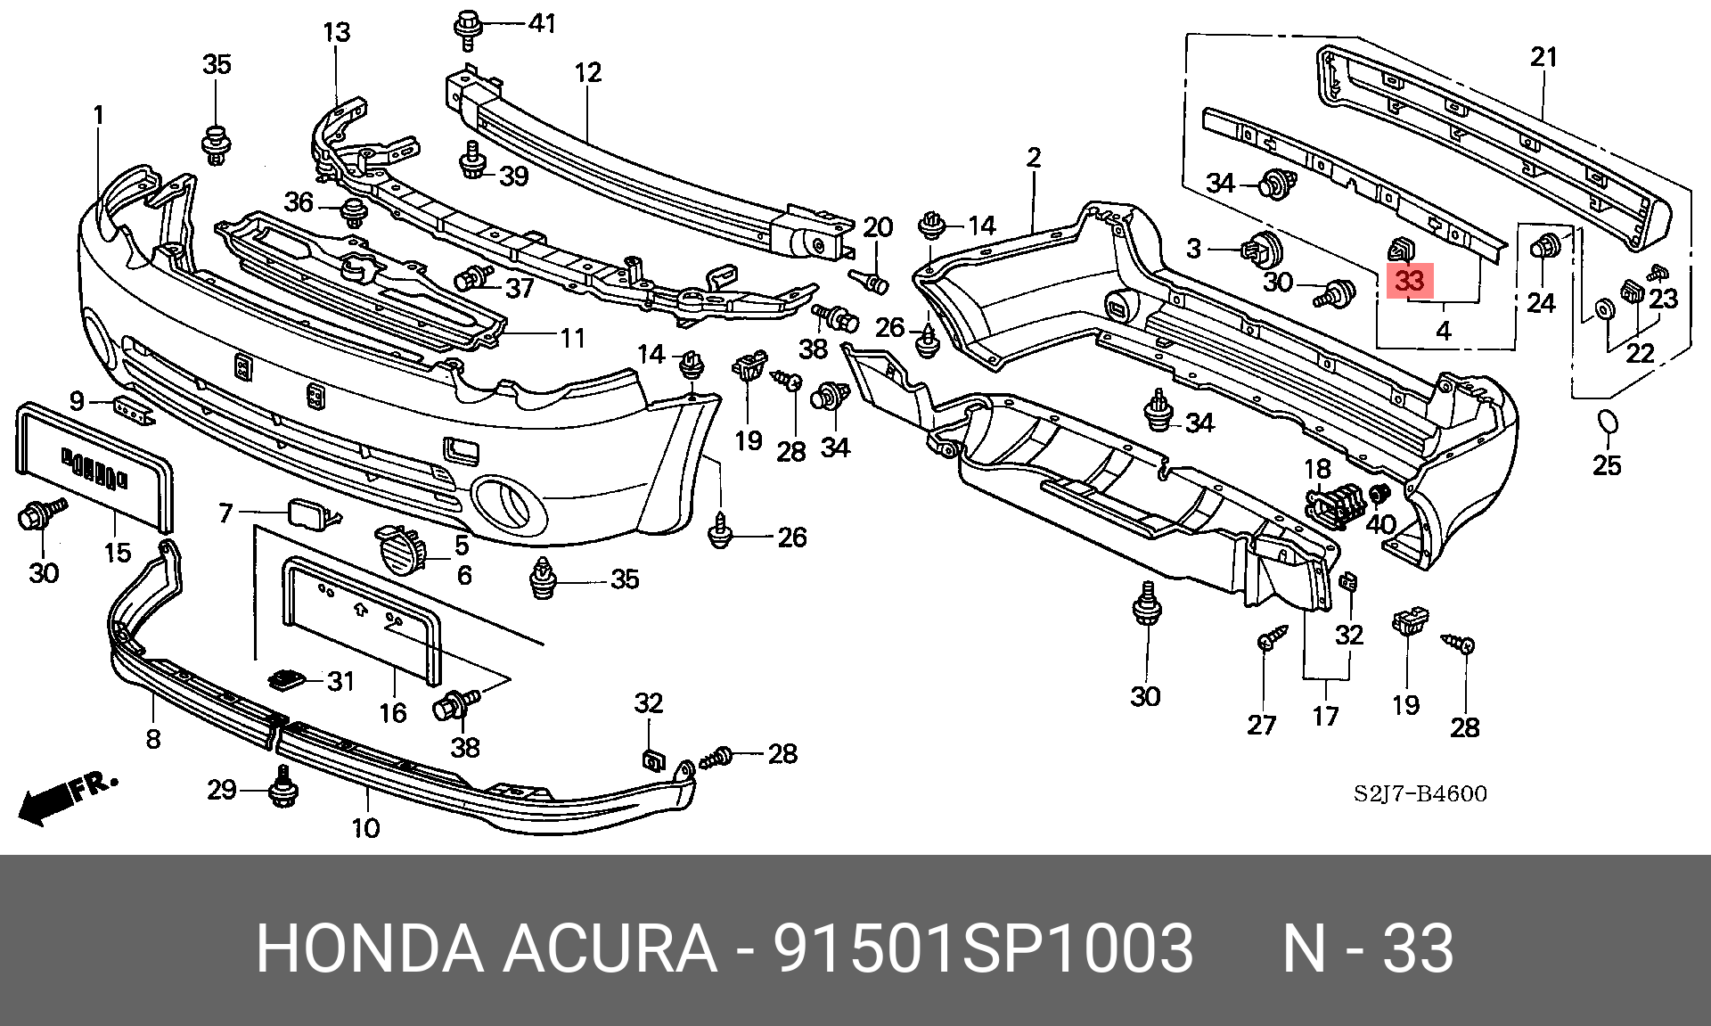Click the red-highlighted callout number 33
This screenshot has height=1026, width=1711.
[x=1410, y=282]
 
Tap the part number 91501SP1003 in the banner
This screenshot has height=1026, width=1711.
[x=983, y=948]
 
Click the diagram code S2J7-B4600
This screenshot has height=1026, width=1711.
[x=1420, y=793]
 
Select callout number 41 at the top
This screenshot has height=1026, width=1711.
[x=542, y=23]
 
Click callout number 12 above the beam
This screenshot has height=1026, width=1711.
[x=588, y=72]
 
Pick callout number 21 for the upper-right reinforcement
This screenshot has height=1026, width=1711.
[x=1543, y=57]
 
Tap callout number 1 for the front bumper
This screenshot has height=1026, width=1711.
[x=99, y=115]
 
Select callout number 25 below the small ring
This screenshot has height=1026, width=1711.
[x=1607, y=464]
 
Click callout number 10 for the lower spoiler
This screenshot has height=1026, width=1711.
[x=365, y=828]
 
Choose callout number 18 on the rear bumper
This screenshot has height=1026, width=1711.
[x=1317, y=469]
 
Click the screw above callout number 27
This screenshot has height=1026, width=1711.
[x=1273, y=636]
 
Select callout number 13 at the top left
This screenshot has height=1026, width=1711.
[x=336, y=33]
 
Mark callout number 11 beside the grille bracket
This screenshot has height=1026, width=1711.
[x=573, y=338]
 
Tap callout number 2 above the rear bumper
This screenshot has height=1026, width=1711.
[x=1034, y=158]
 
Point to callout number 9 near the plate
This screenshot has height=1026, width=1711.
[x=78, y=401]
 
